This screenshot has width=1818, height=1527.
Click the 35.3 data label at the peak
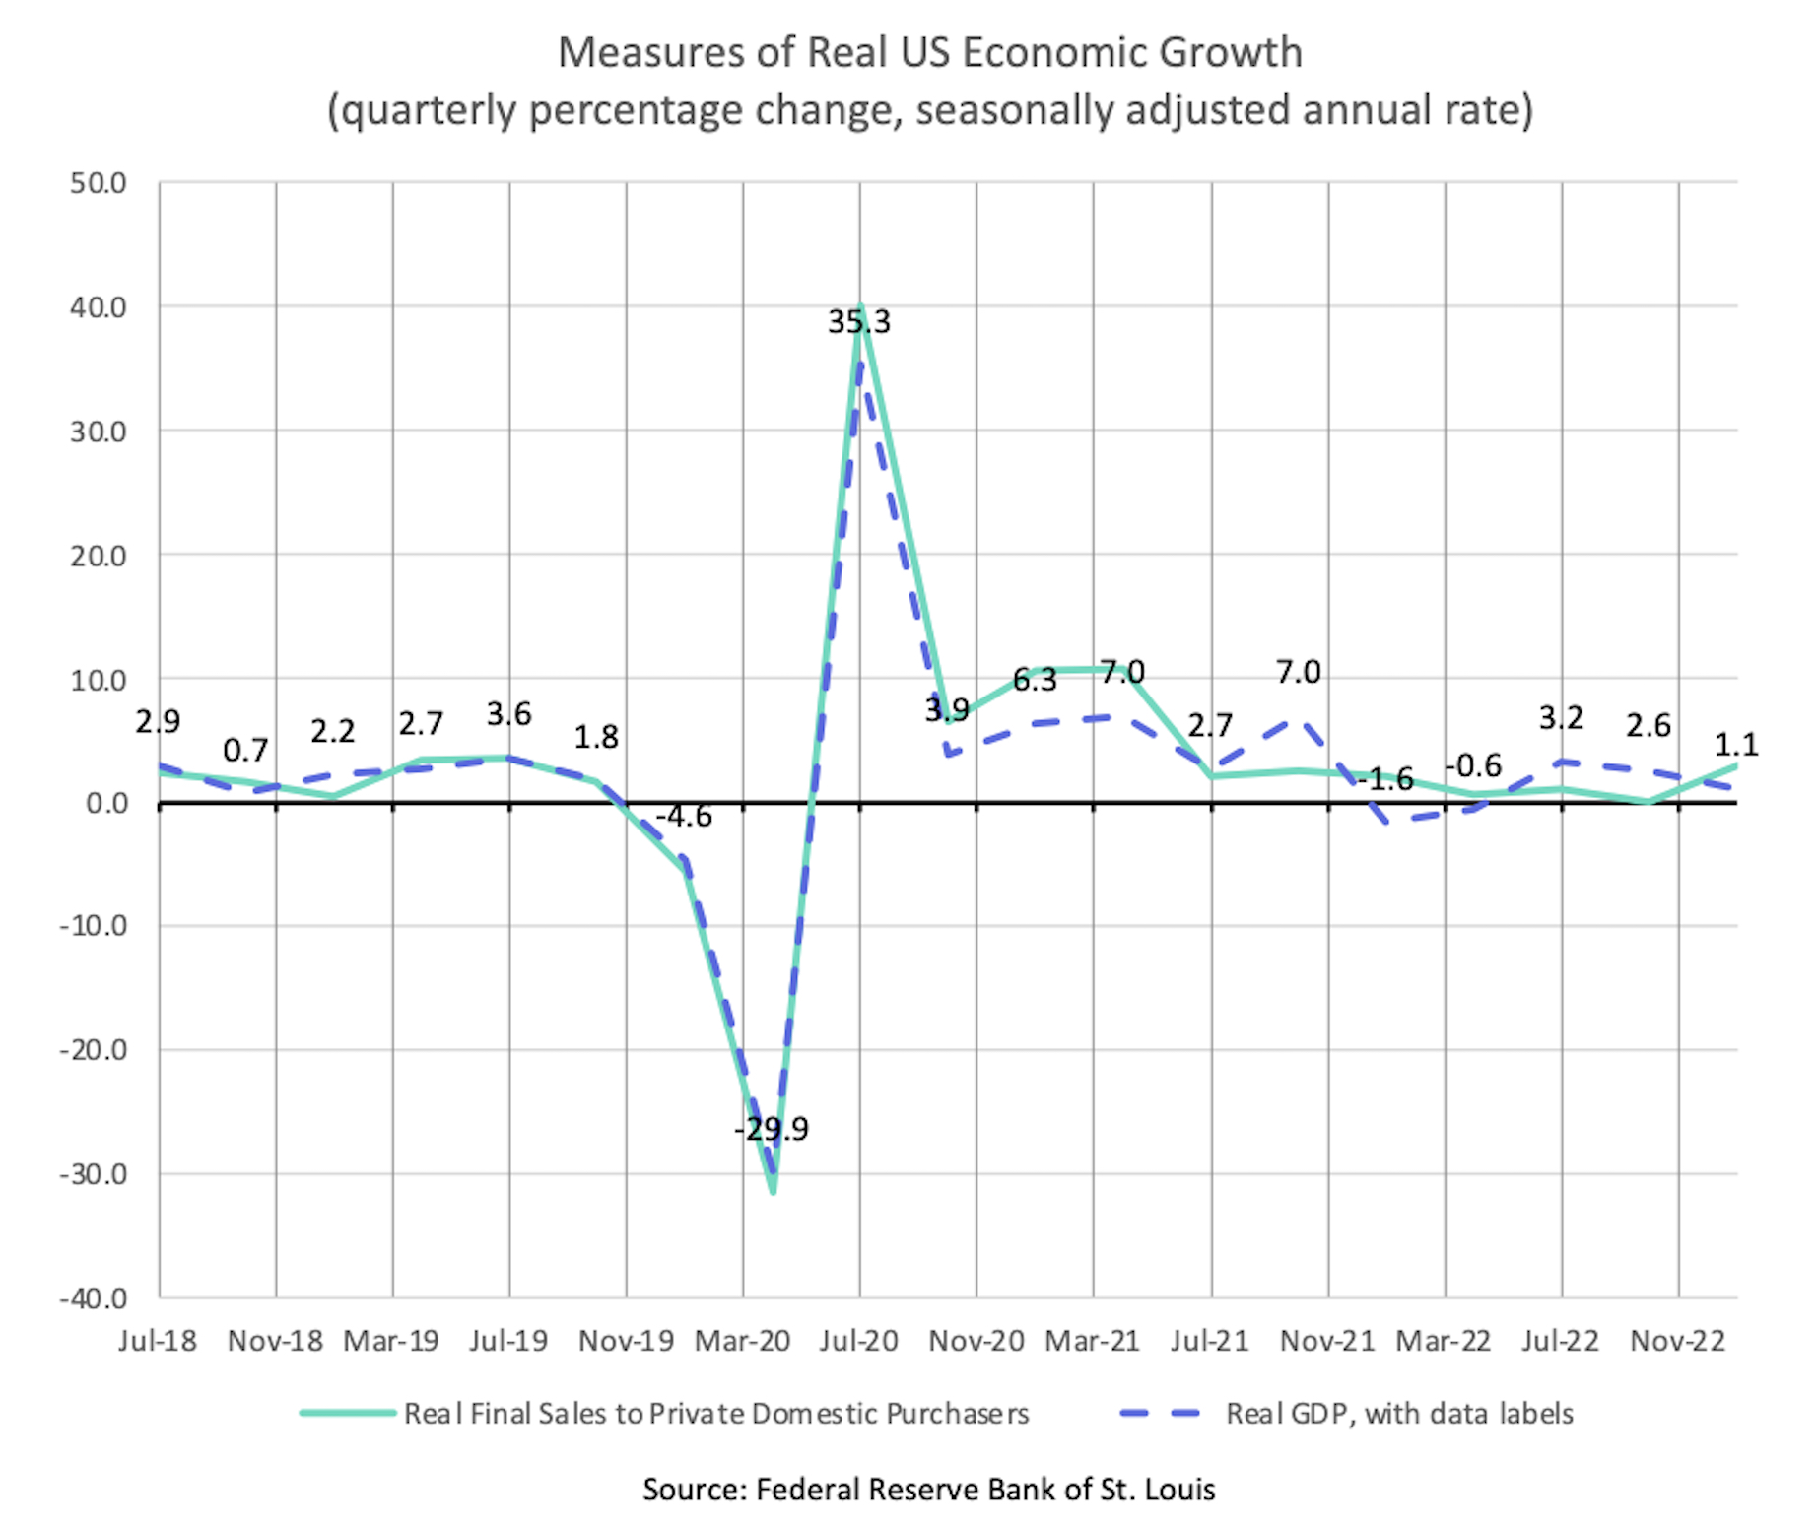pyautogui.click(x=858, y=322)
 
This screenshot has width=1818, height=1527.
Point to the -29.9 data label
pyautogui.click(x=771, y=1129)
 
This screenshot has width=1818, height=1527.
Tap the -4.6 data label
pyautogui.click(x=684, y=816)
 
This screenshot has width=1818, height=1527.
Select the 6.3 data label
pyautogui.click(x=1035, y=680)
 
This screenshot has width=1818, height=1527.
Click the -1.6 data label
pyautogui.click(x=1385, y=779)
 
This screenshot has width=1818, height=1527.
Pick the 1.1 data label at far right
pyautogui.click(x=1736, y=745)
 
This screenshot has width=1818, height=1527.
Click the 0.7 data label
pyautogui.click(x=245, y=751)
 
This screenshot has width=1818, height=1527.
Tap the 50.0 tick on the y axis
pyautogui.click(x=99, y=183)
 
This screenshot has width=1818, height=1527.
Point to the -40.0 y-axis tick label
pyautogui.click(x=95, y=1298)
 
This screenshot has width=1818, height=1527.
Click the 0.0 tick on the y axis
pyautogui.click(x=106, y=804)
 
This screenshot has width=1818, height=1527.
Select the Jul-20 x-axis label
pyautogui.click(x=859, y=1341)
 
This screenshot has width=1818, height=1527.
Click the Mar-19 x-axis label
pyautogui.click(x=391, y=1341)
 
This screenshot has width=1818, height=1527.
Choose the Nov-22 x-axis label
pyautogui.click(x=1678, y=1341)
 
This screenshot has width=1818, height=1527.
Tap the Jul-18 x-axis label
pyautogui.click(x=158, y=1341)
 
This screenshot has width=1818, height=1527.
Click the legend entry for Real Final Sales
pyautogui.click(x=715, y=1414)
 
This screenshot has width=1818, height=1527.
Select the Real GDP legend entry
pyautogui.click(x=1398, y=1414)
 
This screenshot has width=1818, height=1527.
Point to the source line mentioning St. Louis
pyautogui.click(x=929, y=1489)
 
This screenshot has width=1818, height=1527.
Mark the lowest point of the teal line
pyautogui.click(x=774, y=1192)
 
